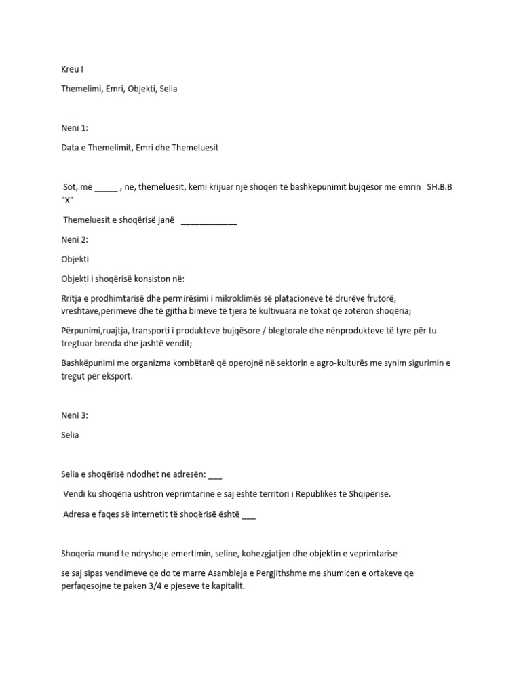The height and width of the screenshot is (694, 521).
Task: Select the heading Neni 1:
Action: (x=75, y=127)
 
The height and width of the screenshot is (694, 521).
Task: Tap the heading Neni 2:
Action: (x=75, y=239)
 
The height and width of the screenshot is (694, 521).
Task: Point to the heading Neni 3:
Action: (x=75, y=415)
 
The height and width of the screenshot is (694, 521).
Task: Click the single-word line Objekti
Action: (x=75, y=259)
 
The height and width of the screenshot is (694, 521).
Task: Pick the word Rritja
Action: (x=73, y=298)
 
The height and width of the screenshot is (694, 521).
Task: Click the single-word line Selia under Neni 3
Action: (x=70, y=435)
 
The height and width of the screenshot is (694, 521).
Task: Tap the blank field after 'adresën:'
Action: (x=216, y=475)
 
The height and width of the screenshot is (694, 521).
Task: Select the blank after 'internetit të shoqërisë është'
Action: (x=248, y=514)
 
